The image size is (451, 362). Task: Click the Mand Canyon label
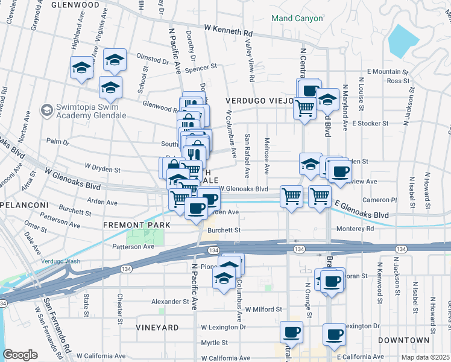(297, 18)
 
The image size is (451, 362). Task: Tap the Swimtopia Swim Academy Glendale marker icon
(46, 110)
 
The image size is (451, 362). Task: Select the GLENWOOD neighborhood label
(75, 4)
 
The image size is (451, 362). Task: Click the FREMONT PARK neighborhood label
(137, 224)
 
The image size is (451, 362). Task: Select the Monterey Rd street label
(356, 228)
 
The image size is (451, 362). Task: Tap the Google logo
(20, 355)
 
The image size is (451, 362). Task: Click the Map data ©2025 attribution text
(425, 357)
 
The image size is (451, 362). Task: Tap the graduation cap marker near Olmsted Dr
(114, 59)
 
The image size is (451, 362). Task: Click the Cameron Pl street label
(380, 200)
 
